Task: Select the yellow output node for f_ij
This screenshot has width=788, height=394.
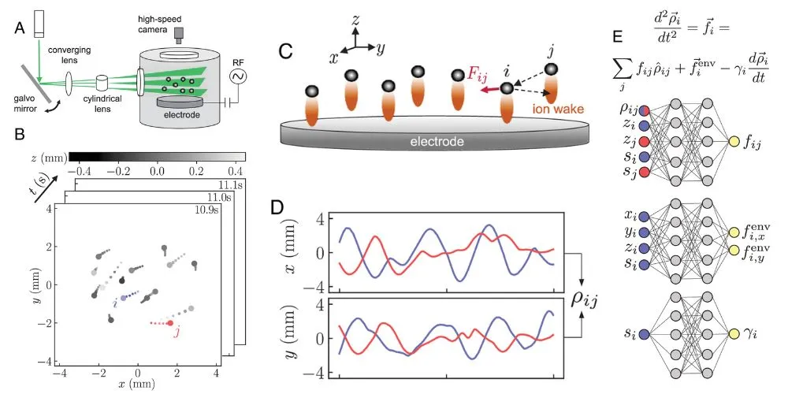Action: click(734, 143)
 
